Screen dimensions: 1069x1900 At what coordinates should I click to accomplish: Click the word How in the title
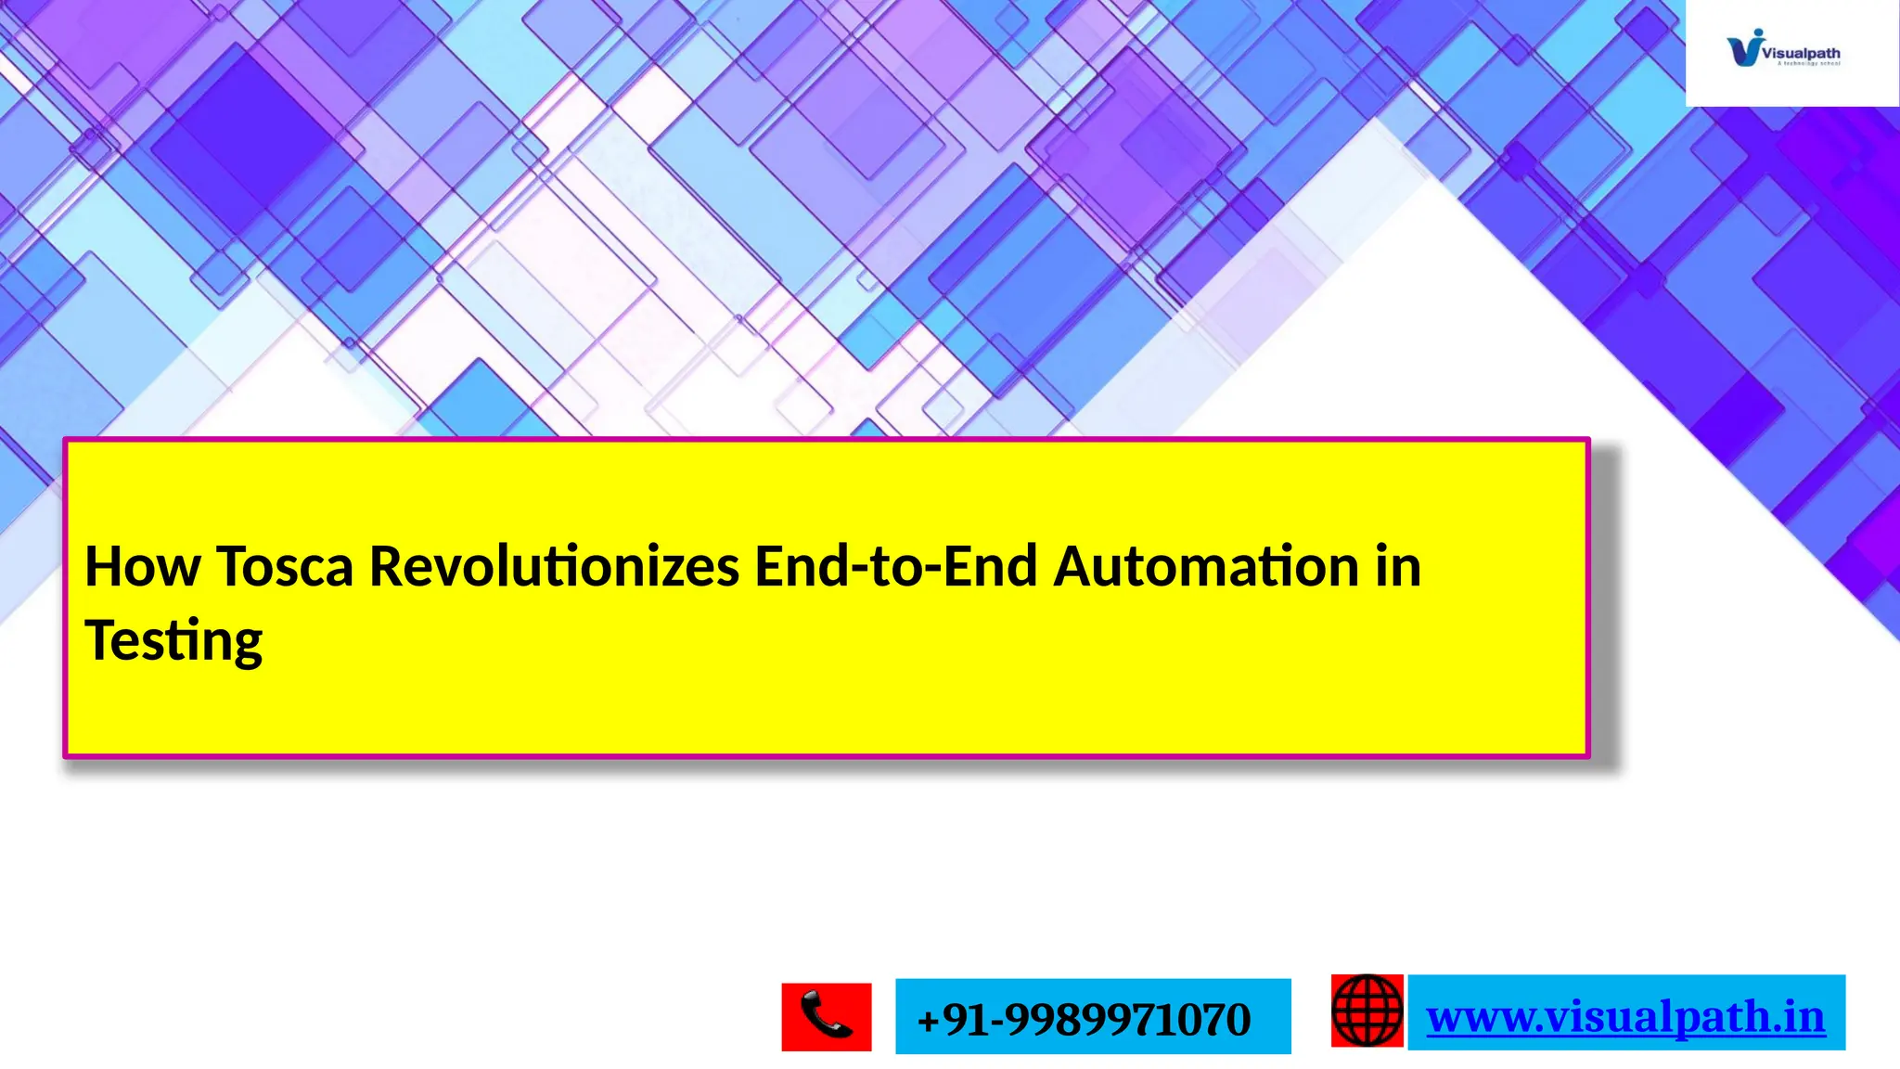pyautogui.click(x=142, y=566)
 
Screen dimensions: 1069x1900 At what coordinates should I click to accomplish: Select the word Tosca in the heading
pyautogui.click(x=285, y=566)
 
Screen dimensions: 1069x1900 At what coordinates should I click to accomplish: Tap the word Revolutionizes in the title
pyautogui.click(x=554, y=566)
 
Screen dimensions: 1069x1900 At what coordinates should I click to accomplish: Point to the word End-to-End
pyautogui.click(x=895, y=566)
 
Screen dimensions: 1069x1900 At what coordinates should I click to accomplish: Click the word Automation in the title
pyautogui.click(x=1206, y=566)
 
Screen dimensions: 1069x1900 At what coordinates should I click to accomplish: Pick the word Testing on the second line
pyautogui.click(x=173, y=641)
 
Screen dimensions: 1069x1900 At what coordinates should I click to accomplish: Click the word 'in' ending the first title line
pyautogui.click(x=1398, y=566)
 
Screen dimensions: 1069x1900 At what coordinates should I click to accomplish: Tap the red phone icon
pyautogui.click(x=826, y=1017)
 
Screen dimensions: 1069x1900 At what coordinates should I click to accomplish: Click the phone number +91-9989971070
pyautogui.click(x=1084, y=1019)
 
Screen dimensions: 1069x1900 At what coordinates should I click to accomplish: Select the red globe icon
pyautogui.click(x=1367, y=1011)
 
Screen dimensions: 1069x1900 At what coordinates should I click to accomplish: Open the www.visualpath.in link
pyautogui.click(x=1625, y=1015)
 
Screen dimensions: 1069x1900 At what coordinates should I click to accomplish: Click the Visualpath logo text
pyautogui.click(x=1801, y=54)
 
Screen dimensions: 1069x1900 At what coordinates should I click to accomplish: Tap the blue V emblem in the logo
pyautogui.click(x=1744, y=48)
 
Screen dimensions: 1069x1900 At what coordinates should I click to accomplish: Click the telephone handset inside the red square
pyautogui.click(x=826, y=1014)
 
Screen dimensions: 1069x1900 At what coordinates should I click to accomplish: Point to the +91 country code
pyautogui.click(x=951, y=1019)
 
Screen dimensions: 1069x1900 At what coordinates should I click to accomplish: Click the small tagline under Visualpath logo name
pyautogui.click(x=1808, y=64)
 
